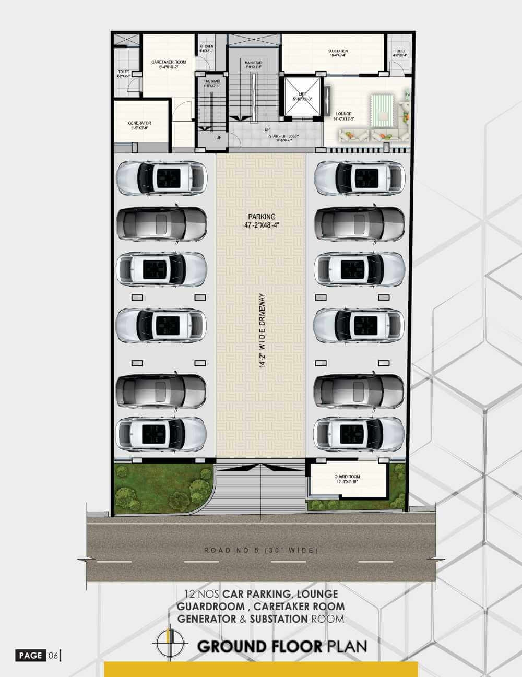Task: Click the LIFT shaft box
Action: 302,96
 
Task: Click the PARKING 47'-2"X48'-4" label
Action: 262,221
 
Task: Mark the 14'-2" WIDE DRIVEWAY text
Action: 263,331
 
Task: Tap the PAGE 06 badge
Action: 38,656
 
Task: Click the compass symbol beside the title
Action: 169,643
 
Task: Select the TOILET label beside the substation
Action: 400,53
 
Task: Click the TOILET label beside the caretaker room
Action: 124,74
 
